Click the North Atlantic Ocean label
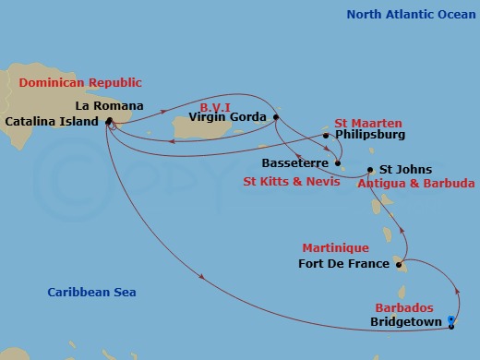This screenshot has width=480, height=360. tap(405, 14)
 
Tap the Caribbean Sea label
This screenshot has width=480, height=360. tap(91, 293)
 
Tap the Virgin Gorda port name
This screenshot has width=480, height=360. tap(227, 117)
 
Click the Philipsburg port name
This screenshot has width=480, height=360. tap(371, 135)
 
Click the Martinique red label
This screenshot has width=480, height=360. tap(335, 248)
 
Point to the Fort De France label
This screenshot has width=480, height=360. tap(343, 265)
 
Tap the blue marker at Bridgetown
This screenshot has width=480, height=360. tap(450, 320)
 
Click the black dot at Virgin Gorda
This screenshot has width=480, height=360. tap(276, 117)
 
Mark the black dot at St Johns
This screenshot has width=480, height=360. tap(370, 170)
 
